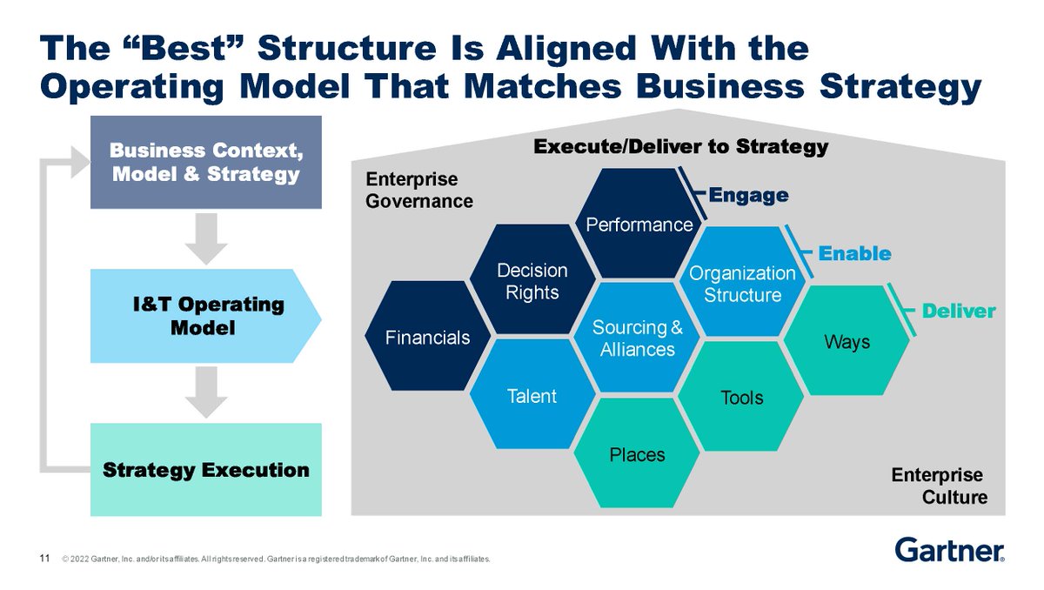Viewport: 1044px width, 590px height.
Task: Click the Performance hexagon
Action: tap(639, 223)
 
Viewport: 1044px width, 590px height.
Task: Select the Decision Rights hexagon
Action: tap(532, 281)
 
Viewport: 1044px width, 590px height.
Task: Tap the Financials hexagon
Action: tap(428, 337)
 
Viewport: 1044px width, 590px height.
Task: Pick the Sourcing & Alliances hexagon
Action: tap(637, 338)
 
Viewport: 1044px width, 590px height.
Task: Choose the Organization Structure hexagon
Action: tap(742, 283)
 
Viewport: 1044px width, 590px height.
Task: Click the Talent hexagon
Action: tap(532, 396)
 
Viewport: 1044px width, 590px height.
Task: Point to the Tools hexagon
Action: tap(742, 397)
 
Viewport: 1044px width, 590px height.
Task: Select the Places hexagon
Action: tap(637, 453)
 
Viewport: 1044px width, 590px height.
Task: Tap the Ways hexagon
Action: tap(847, 341)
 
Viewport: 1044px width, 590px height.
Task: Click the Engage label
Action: tap(749, 195)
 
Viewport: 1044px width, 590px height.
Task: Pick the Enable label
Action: tap(855, 253)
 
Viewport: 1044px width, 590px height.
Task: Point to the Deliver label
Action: tap(959, 311)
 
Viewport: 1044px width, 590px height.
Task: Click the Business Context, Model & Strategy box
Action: tap(206, 163)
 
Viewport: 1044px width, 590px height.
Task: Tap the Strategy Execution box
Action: tap(206, 470)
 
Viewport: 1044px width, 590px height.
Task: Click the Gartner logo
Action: tap(949, 550)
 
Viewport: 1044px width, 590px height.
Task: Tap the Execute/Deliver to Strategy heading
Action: tap(680, 146)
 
